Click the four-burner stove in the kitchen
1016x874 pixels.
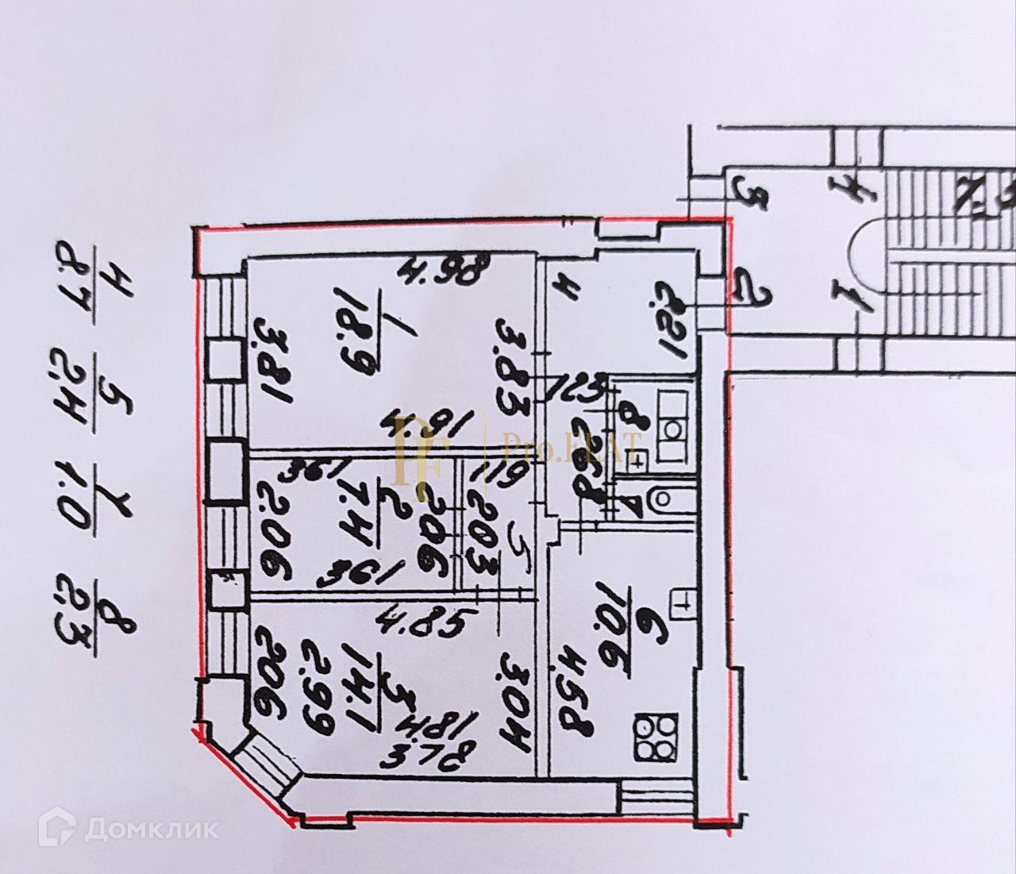656,737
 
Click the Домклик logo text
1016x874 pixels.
150,829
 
